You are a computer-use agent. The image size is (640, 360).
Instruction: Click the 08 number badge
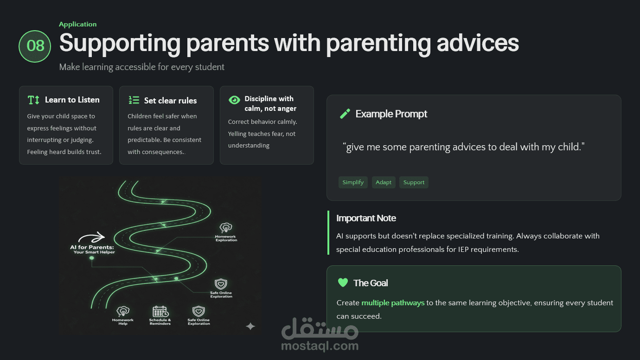click(35, 46)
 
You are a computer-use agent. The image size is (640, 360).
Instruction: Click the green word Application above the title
click(78, 24)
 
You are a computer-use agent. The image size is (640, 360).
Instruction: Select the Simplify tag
click(353, 182)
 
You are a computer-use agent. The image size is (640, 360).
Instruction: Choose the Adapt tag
click(384, 182)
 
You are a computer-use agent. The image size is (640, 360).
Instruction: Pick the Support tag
click(414, 182)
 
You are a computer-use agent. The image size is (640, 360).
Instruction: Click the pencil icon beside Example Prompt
click(345, 114)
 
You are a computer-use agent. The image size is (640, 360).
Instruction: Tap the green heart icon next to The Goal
click(343, 283)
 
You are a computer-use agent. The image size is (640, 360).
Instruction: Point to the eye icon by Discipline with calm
click(234, 100)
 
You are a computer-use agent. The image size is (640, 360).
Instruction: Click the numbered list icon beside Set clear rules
click(134, 100)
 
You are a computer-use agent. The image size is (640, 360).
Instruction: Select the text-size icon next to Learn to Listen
click(33, 100)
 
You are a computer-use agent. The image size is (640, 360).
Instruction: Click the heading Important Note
click(366, 219)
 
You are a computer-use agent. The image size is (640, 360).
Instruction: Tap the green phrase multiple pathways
click(393, 303)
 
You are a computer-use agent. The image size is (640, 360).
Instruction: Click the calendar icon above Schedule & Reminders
click(160, 311)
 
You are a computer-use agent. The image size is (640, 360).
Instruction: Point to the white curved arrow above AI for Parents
click(92, 237)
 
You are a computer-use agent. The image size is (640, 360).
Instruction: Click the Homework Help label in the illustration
click(123, 321)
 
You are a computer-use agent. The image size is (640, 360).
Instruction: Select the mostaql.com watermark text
click(320, 346)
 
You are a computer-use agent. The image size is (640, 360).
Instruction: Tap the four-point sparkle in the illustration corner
click(250, 326)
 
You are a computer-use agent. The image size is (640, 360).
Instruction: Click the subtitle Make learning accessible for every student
click(142, 67)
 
